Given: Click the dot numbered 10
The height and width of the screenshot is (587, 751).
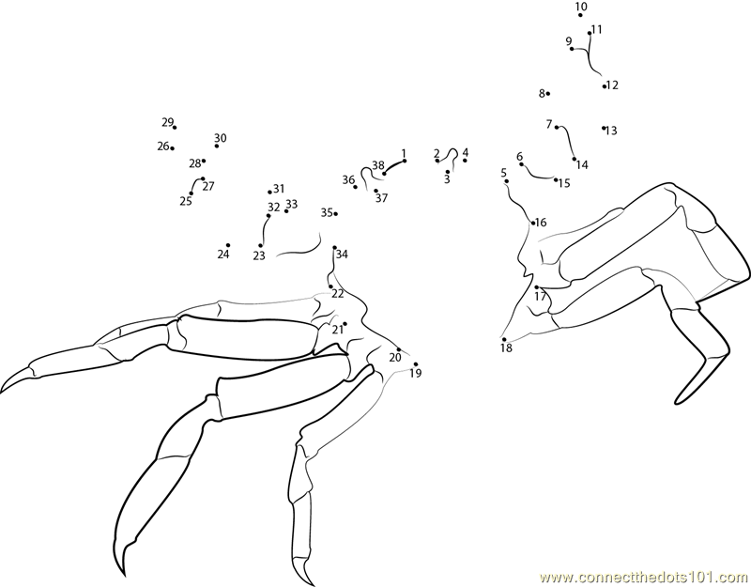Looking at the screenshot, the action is (x=580, y=15).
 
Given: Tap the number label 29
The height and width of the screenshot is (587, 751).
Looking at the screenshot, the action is (x=167, y=122).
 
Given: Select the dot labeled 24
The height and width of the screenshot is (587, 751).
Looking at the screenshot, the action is (x=228, y=245).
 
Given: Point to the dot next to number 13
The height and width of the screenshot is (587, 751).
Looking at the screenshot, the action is (x=604, y=128).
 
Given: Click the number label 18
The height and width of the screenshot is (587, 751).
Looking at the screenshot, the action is (x=506, y=348).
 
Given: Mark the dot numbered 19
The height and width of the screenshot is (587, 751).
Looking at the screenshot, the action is (x=416, y=364).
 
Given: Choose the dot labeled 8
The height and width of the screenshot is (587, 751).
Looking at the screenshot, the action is (x=548, y=93).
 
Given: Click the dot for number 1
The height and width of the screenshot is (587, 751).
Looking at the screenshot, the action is (x=405, y=161).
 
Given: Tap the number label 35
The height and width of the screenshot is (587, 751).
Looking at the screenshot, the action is (x=327, y=212).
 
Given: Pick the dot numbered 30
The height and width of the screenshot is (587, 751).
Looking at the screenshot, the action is (x=217, y=146).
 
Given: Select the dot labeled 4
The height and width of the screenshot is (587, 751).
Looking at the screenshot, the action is (x=465, y=160).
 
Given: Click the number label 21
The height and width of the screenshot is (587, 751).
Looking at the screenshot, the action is (x=338, y=330).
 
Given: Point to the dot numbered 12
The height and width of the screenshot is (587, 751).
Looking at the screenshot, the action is (x=605, y=86).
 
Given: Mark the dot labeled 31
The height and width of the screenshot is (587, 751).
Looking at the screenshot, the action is (x=269, y=193).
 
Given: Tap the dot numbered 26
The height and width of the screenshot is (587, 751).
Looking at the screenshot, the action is (x=173, y=148).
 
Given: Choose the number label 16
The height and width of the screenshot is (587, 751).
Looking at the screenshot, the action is (x=541, y=223).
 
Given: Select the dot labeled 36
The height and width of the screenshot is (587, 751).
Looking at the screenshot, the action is (x=355, y=187).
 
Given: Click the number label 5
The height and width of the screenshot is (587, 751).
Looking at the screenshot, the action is (x=503, y=172).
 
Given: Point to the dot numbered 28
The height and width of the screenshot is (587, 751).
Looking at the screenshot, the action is (x=204, y=161).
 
